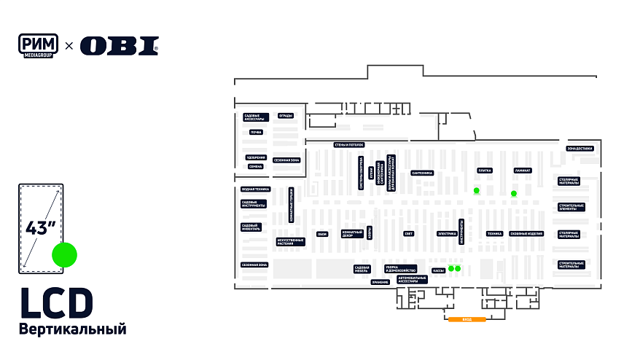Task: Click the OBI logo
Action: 119,46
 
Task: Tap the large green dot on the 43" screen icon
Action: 64,255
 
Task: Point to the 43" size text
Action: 41,227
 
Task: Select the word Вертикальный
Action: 73,330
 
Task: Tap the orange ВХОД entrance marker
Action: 467,319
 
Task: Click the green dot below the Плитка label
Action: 476,190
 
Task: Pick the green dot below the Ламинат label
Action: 514,193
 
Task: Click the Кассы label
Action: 438,270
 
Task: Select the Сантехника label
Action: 422,173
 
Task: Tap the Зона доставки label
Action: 580,149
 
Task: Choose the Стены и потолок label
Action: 348,144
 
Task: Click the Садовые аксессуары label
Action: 256,117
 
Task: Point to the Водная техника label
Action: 255,189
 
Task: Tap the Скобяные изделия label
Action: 526,234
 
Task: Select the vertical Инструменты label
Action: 461,231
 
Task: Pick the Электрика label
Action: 447,234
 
